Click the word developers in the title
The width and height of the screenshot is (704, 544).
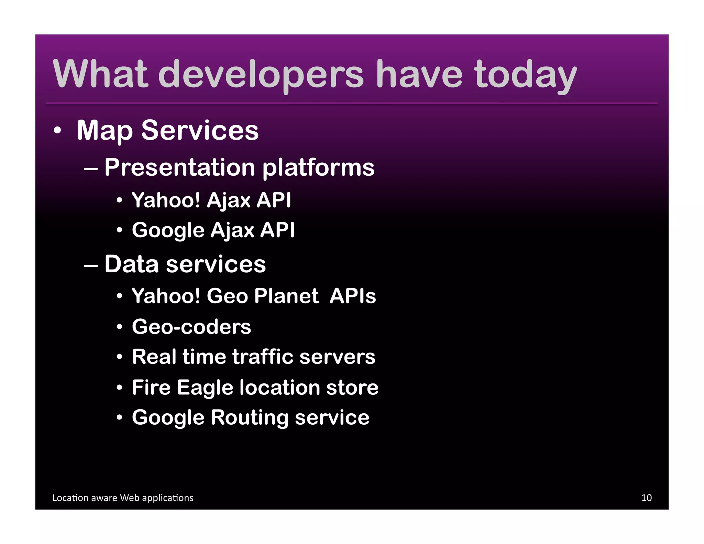pos(261,74)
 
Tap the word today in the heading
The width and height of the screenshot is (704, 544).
pos(525,74)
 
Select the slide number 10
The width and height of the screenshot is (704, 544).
pos(646,498)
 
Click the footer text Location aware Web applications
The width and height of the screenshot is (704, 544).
pos(123,498)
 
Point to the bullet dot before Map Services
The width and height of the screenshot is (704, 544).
pos(57,131)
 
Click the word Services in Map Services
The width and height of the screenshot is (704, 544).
pos(200,131)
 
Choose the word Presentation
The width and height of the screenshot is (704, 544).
pos(180,167)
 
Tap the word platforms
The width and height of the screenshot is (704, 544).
pos(318,168)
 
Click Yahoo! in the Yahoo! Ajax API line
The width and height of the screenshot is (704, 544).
pos(166,200)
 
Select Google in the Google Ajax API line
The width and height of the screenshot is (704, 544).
pos(168,230)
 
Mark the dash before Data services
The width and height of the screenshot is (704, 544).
pos(90,265)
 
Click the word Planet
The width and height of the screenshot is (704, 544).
pos(286,296)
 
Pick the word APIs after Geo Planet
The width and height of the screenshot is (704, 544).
pos(353,296)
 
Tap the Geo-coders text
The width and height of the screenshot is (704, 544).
pos(191,326)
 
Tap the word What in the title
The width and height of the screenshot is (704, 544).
pos(100,74)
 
